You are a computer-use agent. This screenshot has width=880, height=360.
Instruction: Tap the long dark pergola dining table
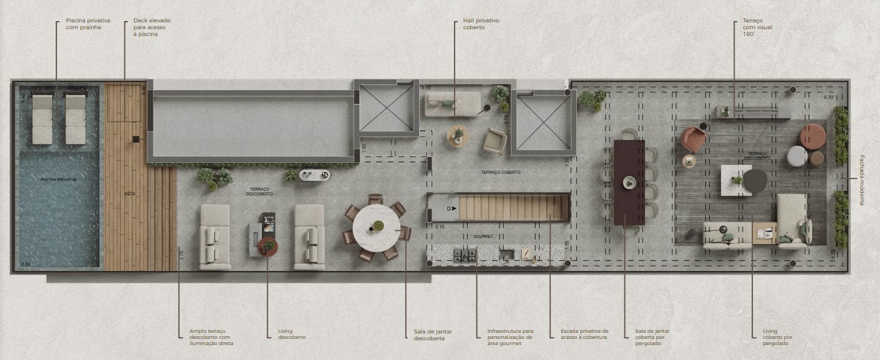point(629,182)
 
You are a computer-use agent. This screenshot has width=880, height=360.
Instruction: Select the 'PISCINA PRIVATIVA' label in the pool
point(58,180)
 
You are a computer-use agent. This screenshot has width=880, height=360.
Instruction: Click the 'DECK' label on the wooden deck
point(130,194)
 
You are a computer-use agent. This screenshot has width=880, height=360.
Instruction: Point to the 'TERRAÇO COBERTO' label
point(501,173)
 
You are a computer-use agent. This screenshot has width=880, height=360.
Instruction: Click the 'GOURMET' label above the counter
point(484,236)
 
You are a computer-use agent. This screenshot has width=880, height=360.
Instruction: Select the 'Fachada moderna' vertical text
point(862,180)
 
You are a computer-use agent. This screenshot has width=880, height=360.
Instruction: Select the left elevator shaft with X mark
point(386,107)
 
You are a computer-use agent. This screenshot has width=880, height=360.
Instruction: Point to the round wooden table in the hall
point(458,136)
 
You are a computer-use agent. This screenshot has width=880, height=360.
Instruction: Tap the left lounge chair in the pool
point(42,119)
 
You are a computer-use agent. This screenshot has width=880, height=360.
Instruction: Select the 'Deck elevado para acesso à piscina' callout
point(147,27)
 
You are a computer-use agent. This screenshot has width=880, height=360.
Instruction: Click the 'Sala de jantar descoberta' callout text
point(433,334)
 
